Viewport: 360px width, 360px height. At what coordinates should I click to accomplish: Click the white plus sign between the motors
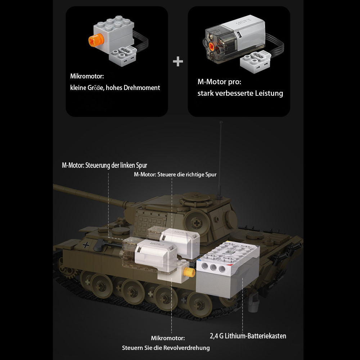tap(178, 62)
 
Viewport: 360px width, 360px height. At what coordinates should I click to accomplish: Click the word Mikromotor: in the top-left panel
tap(87, 76)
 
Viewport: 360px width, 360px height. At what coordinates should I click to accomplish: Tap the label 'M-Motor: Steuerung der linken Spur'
tap(104, 165)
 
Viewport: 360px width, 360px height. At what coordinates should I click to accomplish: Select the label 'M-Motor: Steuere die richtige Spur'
tap(175, 175)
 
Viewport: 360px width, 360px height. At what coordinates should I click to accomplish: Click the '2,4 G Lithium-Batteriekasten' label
tap(248, 336)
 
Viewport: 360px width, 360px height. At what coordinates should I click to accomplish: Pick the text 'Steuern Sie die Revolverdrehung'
tap(166, 348)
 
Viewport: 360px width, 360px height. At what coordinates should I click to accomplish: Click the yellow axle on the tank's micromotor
tap(188, 272)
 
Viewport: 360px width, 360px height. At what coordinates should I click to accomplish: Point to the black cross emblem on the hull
tap(86, 246)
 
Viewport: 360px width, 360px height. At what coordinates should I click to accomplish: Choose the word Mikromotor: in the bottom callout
tap(168, 338)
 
